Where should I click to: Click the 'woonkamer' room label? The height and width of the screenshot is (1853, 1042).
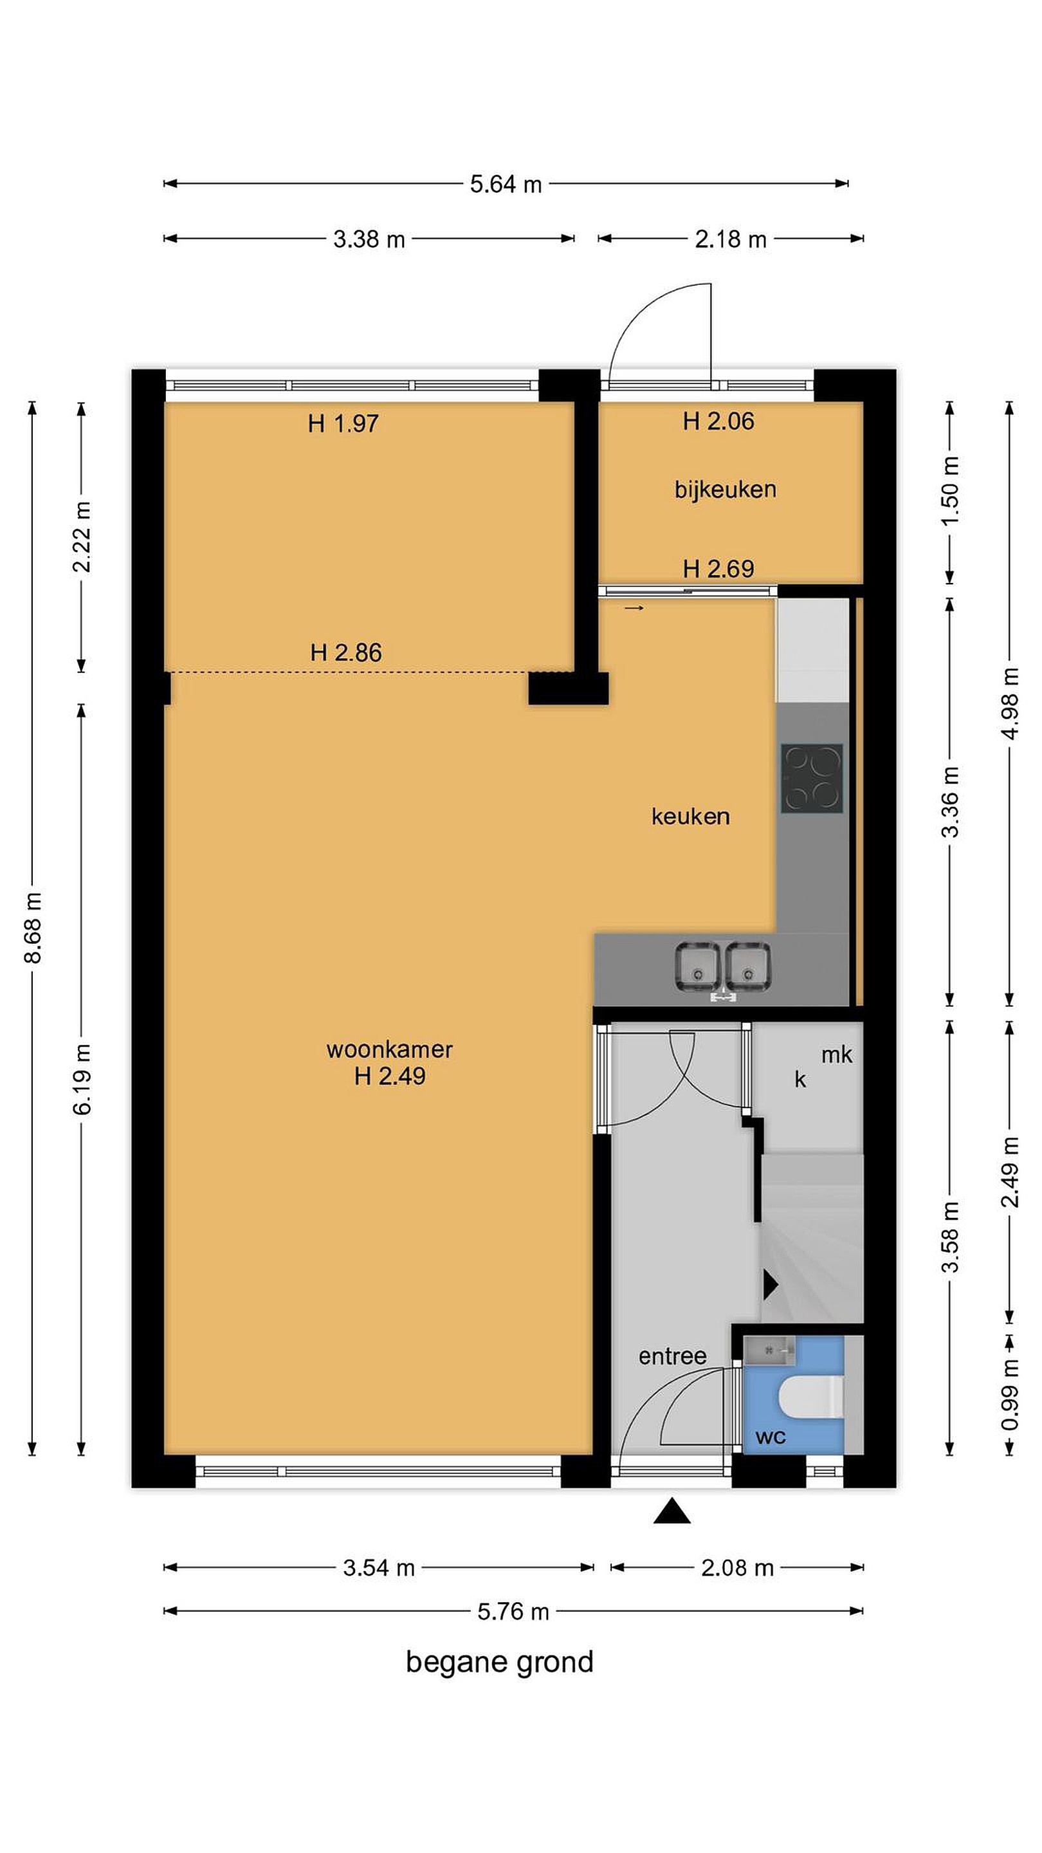[389, 1049]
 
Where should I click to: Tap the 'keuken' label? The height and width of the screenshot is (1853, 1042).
[690, 816]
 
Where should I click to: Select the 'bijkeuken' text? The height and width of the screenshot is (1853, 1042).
[725, 489]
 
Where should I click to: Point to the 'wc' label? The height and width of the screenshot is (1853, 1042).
[770, 1437]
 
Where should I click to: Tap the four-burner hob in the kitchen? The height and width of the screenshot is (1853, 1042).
[812, 779]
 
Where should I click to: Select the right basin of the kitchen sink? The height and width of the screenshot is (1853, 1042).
[748, 967]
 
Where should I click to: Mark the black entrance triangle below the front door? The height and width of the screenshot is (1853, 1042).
[672, 1511]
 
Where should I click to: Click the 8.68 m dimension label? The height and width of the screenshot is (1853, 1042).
[33, 927]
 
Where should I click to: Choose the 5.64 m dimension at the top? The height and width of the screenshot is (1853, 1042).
[506, 184]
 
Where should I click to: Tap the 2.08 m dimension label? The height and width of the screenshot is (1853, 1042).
[737, 1567]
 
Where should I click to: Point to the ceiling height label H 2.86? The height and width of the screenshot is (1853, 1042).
[346, 652]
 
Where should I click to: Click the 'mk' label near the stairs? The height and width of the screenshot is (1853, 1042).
[837, 1055]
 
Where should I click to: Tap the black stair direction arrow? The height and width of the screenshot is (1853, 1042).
[770, 1284]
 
